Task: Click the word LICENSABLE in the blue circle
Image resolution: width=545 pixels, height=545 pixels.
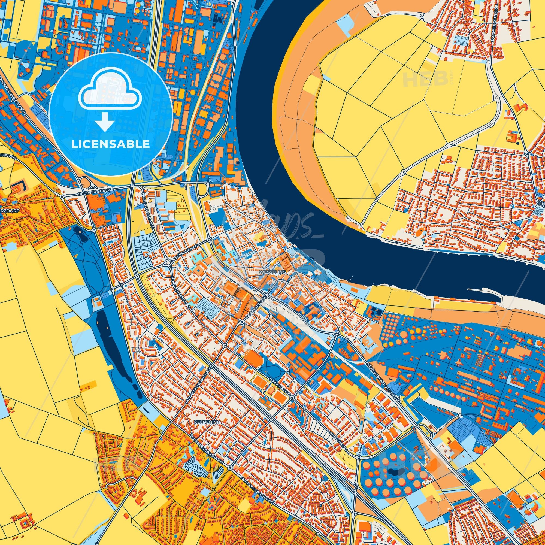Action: pos(110,144)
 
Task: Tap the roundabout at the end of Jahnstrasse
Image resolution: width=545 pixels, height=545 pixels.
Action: pos(292,398)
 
